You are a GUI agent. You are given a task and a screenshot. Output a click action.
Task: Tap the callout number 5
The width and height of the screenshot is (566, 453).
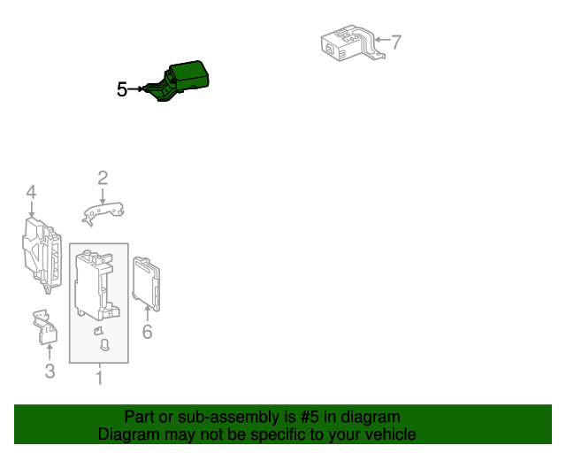(122, 89)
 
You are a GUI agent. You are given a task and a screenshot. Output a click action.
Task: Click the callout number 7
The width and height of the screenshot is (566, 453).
(396, 42)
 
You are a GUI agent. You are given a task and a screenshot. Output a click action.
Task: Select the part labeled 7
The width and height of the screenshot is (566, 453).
(352, 43)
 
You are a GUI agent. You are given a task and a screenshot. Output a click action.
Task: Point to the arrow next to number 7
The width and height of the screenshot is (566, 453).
(383, 39)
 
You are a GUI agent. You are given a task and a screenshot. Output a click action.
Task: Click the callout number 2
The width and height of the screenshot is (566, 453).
(103, 178)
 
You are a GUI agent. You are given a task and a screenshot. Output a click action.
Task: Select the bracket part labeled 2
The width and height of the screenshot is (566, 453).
(103, 214)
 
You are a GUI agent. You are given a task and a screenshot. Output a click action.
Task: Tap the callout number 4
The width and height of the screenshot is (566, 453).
(32, 192)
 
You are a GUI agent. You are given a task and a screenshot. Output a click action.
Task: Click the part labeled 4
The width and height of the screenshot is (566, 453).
(42, 255)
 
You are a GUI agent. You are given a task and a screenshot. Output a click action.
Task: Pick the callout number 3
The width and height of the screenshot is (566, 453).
(50, 371)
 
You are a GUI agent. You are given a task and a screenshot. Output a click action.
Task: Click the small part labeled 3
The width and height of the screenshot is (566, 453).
(45, 326)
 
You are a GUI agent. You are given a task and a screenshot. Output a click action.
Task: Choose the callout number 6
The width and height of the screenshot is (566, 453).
(148, 332)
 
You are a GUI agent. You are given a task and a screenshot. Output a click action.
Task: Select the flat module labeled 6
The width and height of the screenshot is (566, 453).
(146, 284)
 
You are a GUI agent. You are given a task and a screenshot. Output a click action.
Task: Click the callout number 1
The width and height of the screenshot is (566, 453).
(99, 378)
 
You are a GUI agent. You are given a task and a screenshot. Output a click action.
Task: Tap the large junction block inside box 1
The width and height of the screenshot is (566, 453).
(96, 286)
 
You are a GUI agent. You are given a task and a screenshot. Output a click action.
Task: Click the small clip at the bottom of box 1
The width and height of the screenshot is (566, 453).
(104, 345)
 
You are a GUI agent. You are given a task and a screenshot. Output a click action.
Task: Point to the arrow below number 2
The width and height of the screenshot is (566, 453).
(103, 196)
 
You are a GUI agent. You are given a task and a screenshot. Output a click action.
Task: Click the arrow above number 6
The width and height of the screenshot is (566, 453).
(148, 313)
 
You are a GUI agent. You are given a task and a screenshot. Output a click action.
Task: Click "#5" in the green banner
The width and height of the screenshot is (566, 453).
(310, 417)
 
